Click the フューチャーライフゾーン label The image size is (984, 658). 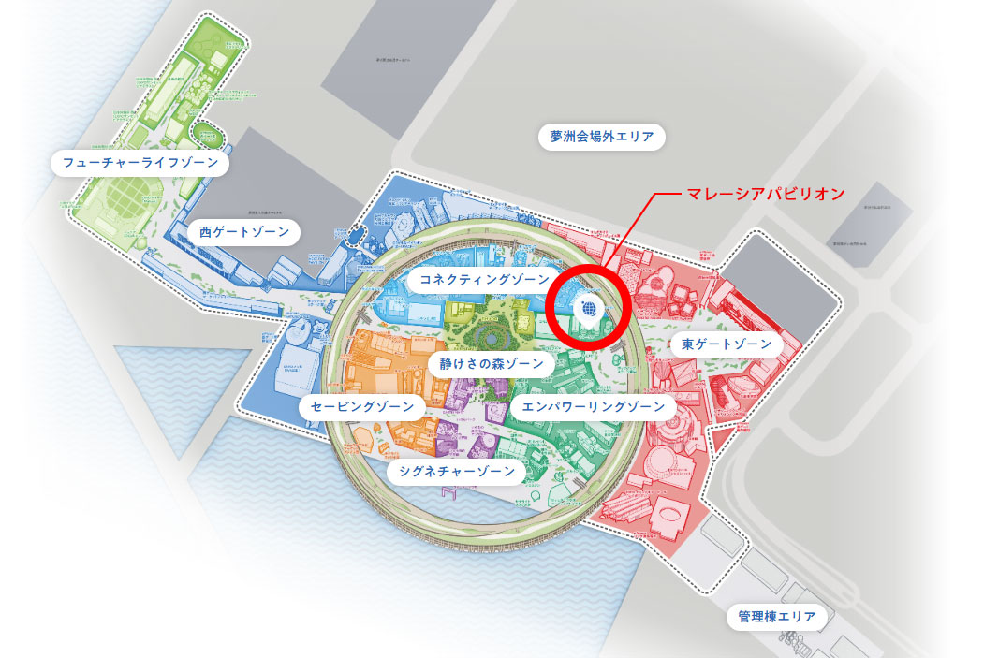pos(140,164)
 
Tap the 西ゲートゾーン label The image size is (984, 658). pos(243,231)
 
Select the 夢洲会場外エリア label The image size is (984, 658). pos(601,138)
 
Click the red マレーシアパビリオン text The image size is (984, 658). pos(766,195)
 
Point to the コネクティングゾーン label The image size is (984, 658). pos(477,280)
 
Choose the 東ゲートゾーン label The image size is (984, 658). pos(726,344)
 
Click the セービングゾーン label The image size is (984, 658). pos(362,407)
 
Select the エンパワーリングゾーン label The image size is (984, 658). pos(593,406)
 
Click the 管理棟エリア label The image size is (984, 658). pos(776,617)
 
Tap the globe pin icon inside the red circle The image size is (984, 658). pos(588,308)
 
